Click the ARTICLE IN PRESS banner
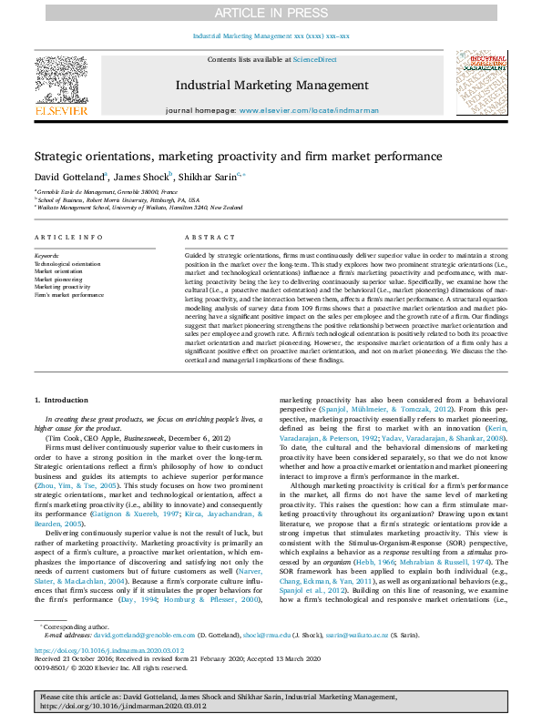[x=271, y=12]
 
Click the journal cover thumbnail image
[x=481, y=82]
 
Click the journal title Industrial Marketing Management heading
[x=271, y=87]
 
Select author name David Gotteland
[x=69, y=176]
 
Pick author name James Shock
[x=142, y=176]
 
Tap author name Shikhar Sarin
[x=210, y=176]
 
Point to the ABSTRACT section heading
[x=204, y=237]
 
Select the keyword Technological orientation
[x=68, y=264]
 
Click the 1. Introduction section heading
[x=61, y=400]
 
